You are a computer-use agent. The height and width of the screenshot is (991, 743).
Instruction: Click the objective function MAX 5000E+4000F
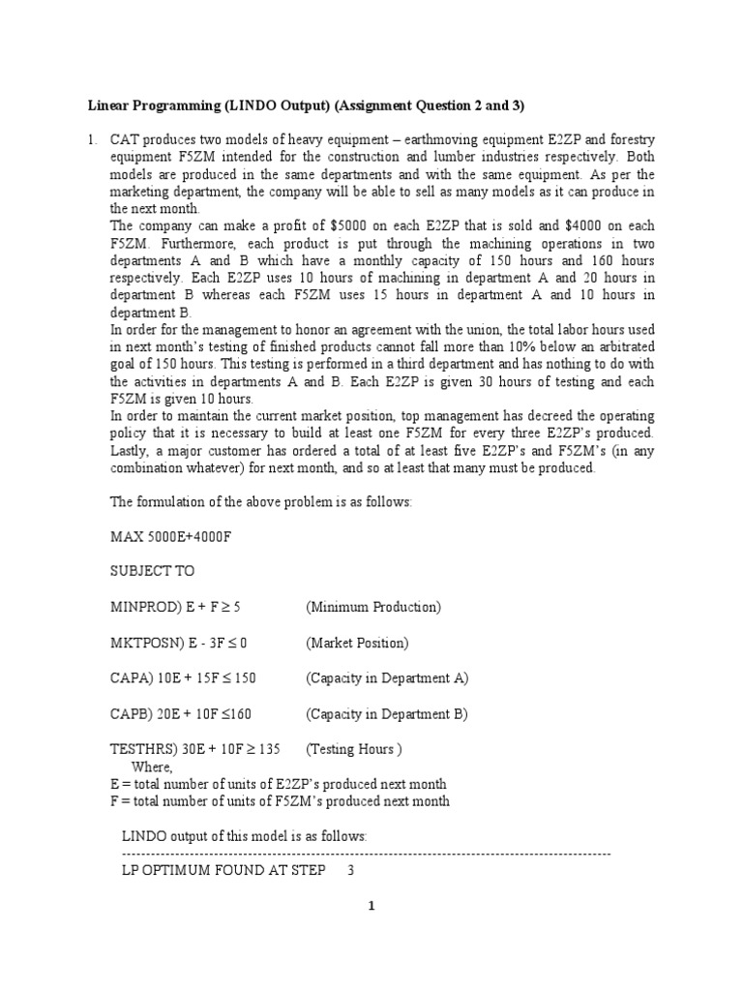coord(170,535)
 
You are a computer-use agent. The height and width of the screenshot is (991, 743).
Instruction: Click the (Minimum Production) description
coord(373,607)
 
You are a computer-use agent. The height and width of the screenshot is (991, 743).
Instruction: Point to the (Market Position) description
coord(358,643)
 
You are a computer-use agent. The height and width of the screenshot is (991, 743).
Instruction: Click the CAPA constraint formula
coord(184,678)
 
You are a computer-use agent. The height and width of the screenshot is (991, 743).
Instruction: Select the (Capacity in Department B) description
coord(387,714)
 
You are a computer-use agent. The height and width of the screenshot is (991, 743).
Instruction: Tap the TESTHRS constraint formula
coord(194,749)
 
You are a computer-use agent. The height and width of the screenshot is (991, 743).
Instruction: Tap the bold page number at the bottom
coord(371,906)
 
